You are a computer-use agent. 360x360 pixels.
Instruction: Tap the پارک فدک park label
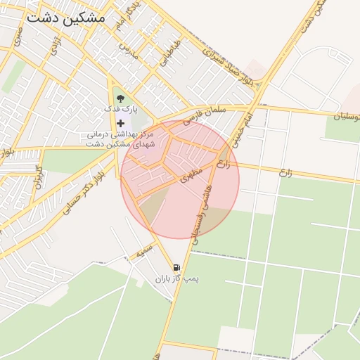tap(121, 109)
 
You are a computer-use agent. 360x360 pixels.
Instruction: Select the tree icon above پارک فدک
tap(120, 98)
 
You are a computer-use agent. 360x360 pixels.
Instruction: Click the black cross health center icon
tap(120, 123)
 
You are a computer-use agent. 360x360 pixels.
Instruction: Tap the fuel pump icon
tap(175, 268)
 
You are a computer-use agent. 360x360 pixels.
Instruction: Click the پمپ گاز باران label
tap(178, 279)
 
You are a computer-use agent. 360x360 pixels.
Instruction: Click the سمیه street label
tap(145, 248)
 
